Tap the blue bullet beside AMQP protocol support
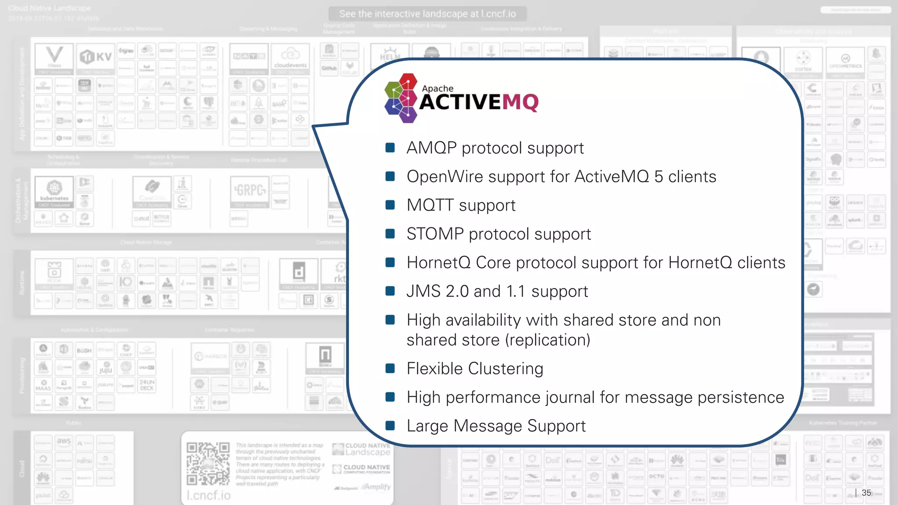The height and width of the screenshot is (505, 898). [x=390, y=148]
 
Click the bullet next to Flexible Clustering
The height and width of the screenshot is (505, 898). [x=390, y=368]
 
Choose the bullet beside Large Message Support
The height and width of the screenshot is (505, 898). [x=390, y=426]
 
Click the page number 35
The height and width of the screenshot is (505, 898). [x=866, y=493]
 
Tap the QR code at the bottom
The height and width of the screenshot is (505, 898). [x=208, y=463]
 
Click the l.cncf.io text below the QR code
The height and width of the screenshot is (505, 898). [x=208, y=495]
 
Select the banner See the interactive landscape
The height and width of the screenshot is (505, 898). [x=427, y=14]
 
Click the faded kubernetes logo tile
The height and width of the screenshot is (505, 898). [x=54, y=191]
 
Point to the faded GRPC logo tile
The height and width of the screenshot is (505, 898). [x=249, y=191]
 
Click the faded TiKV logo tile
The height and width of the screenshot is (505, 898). [x=96, y=58]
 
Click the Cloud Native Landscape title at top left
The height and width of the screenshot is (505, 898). [x=49, y=8]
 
